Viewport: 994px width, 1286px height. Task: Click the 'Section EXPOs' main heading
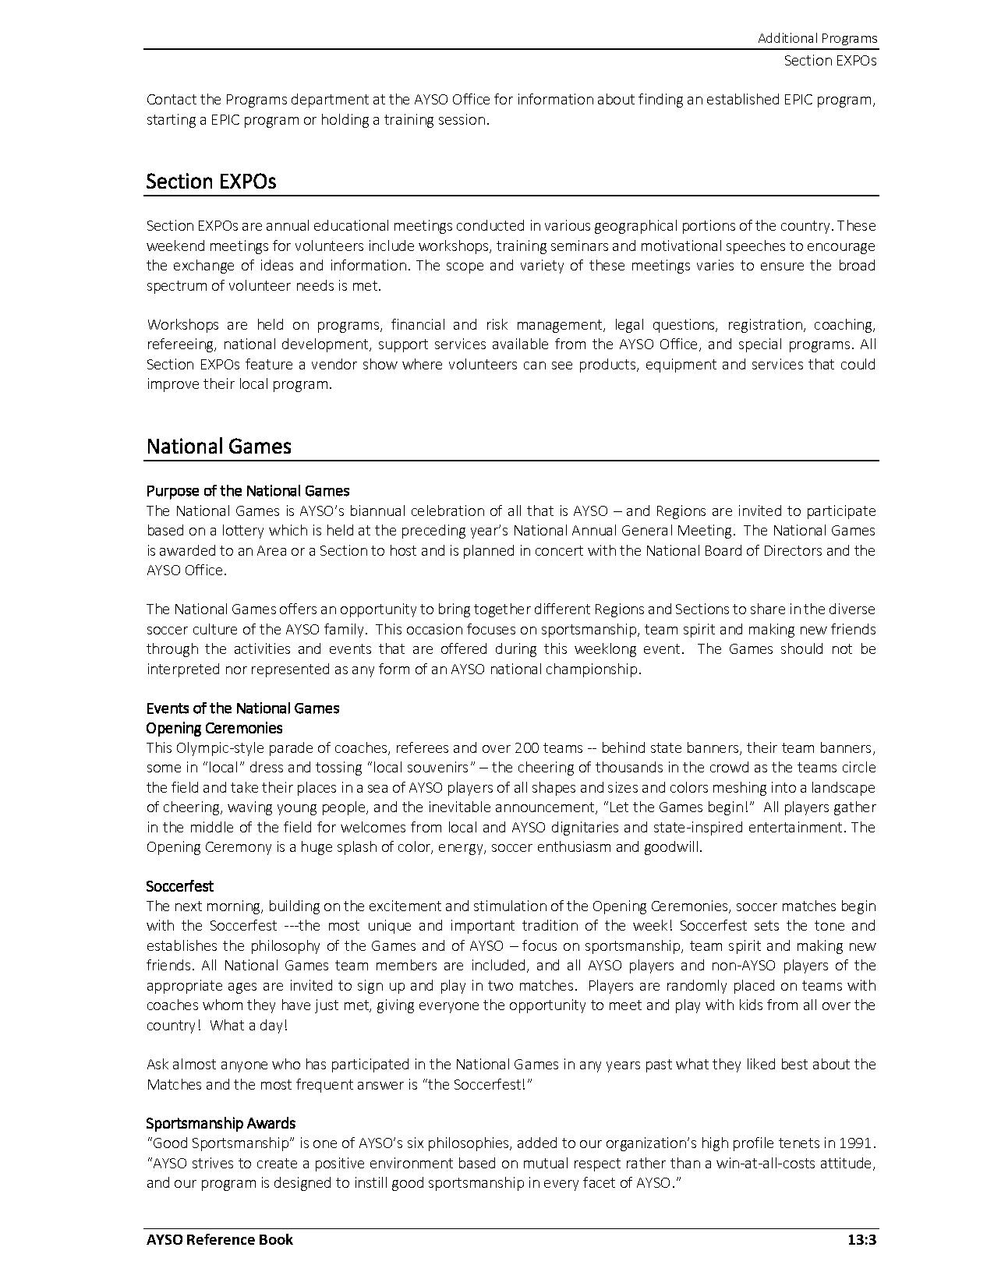(210, 182)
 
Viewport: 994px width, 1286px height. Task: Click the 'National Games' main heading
(218, 447)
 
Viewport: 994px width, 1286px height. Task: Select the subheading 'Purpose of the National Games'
(247, 491)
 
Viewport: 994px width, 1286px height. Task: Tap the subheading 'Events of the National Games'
(242, 708)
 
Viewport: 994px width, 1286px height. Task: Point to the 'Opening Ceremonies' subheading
(214, 728)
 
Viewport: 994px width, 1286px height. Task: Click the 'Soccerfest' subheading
(179, 886)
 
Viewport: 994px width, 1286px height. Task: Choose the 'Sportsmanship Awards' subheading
(221, 1123)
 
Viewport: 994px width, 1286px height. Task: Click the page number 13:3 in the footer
(862, 1239)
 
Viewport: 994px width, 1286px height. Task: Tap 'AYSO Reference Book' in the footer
(219, 1239)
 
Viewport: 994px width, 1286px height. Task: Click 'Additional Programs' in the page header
(817, 38)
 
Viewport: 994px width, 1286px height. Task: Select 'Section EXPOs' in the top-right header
(830, 60)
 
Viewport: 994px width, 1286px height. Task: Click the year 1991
(856, 1143)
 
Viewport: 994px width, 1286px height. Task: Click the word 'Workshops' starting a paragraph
(183, 325)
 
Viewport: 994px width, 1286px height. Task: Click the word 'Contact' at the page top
(172, 100)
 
